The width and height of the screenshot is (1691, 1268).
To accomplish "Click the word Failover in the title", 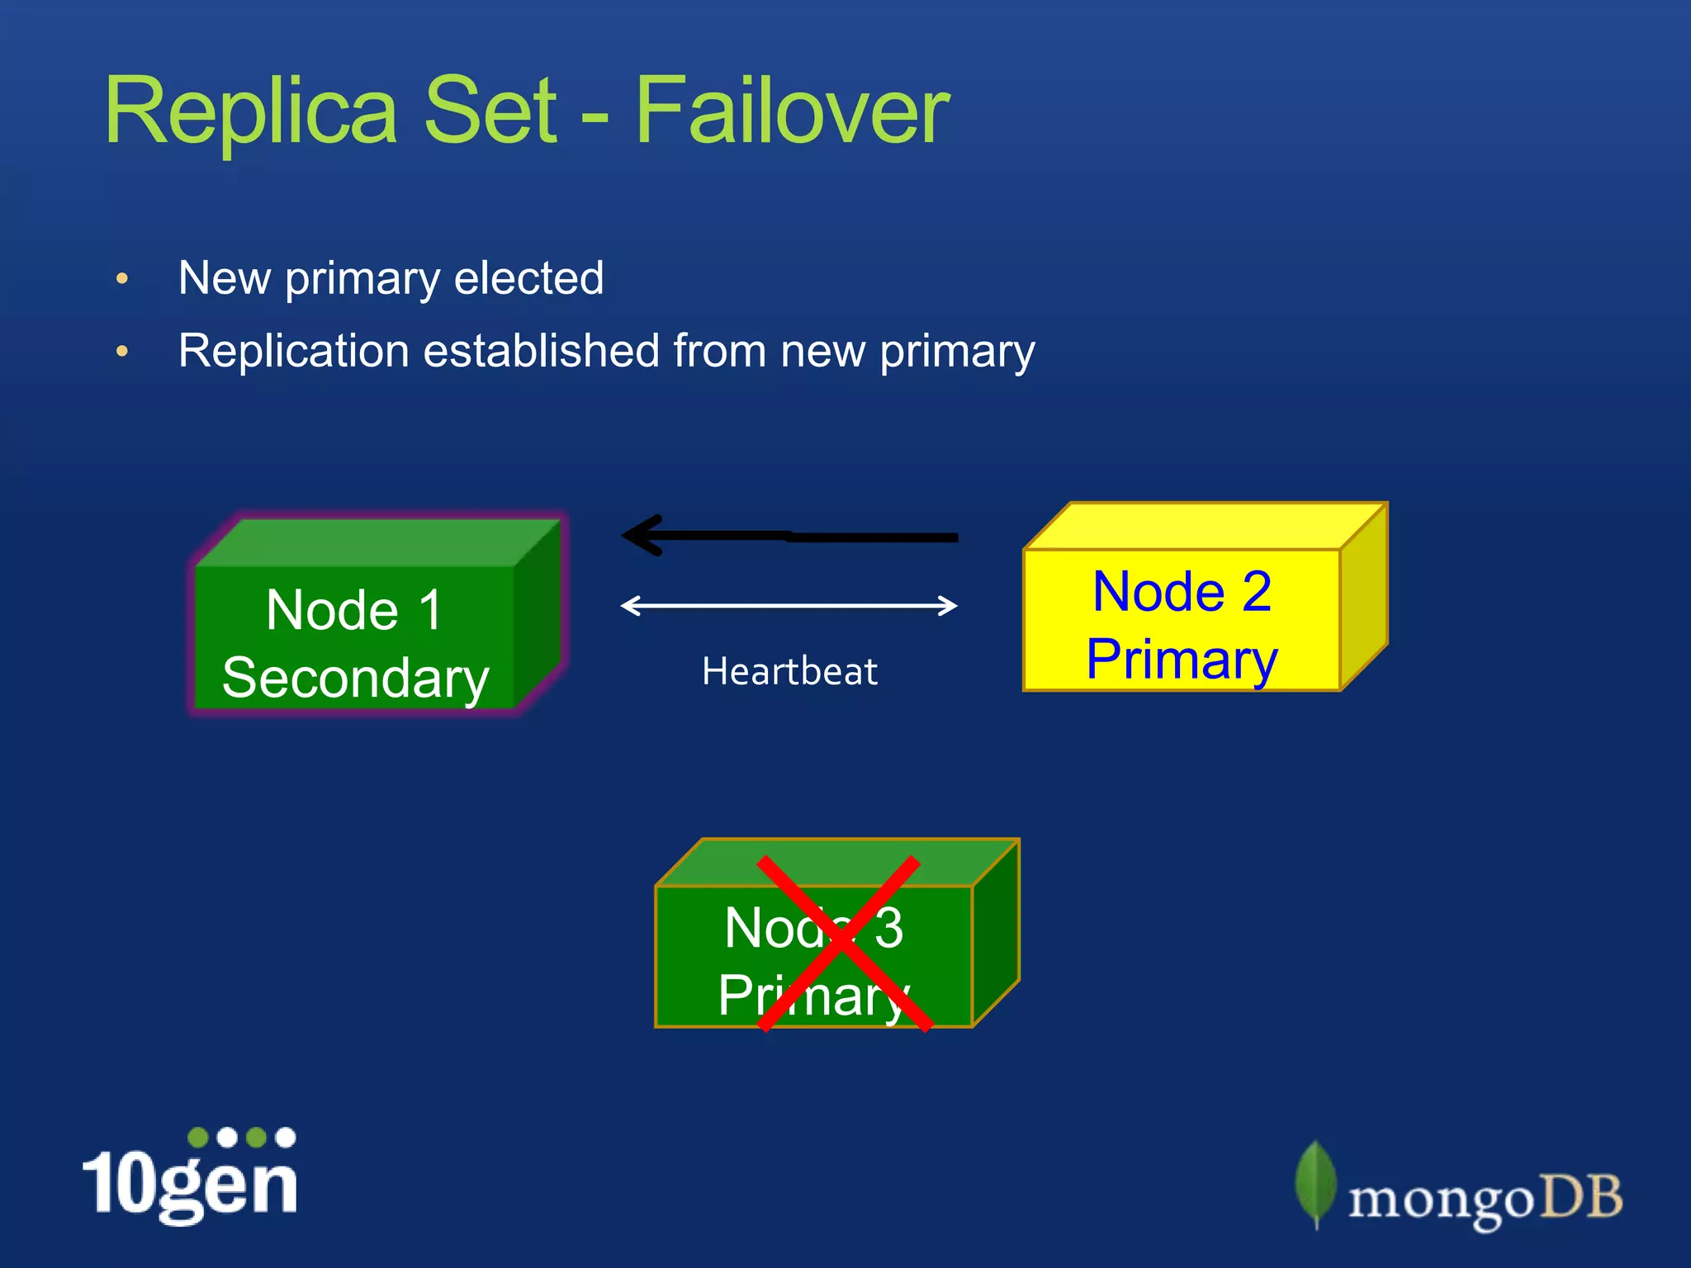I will coord(791,111).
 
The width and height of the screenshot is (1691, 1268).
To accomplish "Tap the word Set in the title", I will coord(490,111).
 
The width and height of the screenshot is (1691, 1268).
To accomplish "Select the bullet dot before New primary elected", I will coord(122,278).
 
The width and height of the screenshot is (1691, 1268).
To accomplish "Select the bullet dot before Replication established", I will coord(122,352).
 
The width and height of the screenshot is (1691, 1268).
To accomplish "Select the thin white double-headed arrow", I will coord(789,606).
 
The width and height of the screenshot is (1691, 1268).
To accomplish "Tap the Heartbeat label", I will coord(789,671).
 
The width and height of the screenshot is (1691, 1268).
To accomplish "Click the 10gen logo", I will coord(190,1176).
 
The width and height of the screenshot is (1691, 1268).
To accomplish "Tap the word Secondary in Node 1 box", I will coord(356,679).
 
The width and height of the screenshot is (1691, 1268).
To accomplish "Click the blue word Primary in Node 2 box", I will coord(1182,660).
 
